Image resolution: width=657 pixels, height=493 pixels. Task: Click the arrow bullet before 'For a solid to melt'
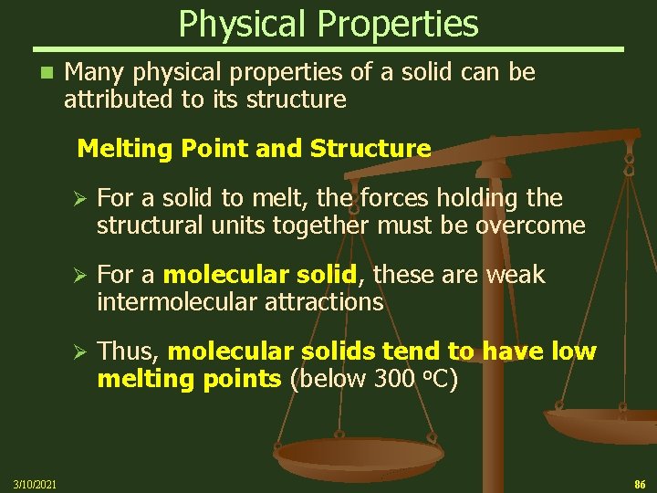point(78,199)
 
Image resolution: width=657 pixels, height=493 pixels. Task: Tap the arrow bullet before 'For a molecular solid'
point(78,276)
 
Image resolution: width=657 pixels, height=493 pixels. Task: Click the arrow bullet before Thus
point(78,352)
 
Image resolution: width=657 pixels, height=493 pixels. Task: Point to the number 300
point(394,379)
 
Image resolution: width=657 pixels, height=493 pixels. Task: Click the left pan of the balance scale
point(358,454)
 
